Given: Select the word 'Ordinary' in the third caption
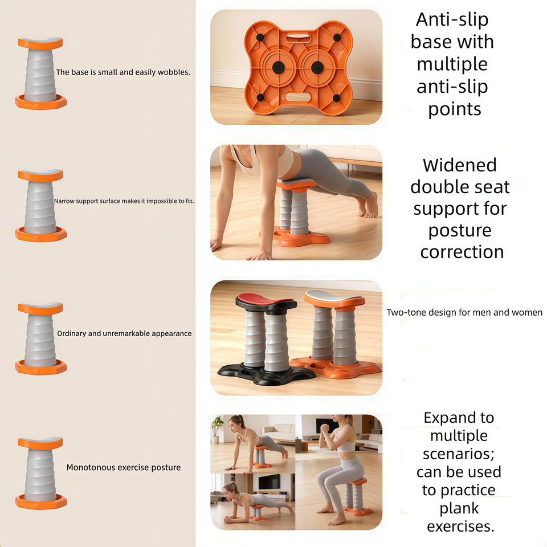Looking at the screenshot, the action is coord(72,333).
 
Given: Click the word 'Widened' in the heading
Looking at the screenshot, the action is coord(460,165).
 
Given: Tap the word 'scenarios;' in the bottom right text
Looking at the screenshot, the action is coord(459,454).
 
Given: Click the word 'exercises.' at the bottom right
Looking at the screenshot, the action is coord(460,526).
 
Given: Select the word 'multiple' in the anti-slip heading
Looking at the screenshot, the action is coord(452,64).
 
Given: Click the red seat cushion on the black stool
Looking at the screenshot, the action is coord(264,299).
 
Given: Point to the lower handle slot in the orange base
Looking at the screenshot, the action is coord(297,97).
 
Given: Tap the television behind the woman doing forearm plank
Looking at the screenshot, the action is coord(269,482).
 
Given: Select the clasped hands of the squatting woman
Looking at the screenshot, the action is coord(324,428).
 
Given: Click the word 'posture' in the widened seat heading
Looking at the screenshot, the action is coord(460,231).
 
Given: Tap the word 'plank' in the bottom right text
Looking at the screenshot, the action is coord(459,509).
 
